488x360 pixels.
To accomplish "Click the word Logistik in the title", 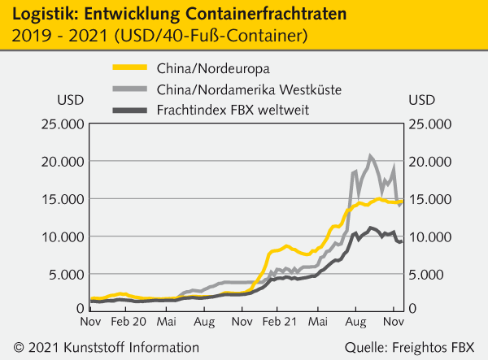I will coord(37,13).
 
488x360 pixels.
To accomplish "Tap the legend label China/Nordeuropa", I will coord(201,67).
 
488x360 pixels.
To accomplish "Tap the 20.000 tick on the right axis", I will coord(429,161).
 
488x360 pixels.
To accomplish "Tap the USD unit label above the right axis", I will coord(421,100).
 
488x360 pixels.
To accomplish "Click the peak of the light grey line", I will coord(371,155).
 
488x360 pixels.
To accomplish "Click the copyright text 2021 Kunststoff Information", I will coord(107,348).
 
